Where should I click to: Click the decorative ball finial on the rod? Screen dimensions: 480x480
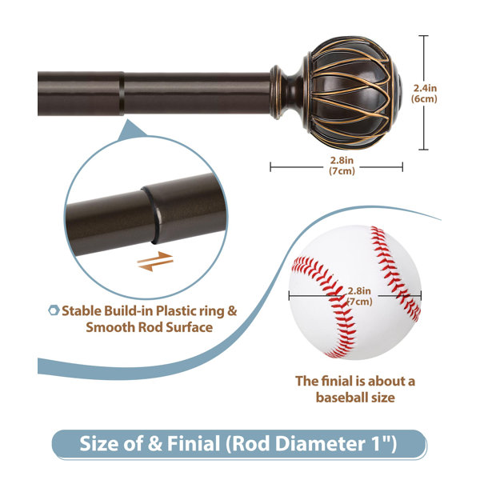point(352,93)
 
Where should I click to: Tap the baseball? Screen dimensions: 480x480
point(355,292)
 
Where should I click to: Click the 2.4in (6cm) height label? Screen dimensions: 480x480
point(424,93)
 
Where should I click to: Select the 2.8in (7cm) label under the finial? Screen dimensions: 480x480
point(342,166)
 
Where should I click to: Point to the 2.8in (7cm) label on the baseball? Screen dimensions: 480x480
point(359,296)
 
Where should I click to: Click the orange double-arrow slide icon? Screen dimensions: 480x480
point(155,262)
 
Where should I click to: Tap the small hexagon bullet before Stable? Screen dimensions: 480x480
point(54,310)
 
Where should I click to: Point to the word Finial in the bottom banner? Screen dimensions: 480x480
point(194,443)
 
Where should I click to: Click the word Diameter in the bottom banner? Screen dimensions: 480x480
point(319,443)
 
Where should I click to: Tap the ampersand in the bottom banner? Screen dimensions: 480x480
point(154,443)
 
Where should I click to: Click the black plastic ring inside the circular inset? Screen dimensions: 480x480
point(151,215)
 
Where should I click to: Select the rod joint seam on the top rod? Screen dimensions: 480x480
point(122,94)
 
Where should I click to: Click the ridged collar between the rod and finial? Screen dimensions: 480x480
point(277,92)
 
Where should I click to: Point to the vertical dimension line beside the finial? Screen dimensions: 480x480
point(423,93)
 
